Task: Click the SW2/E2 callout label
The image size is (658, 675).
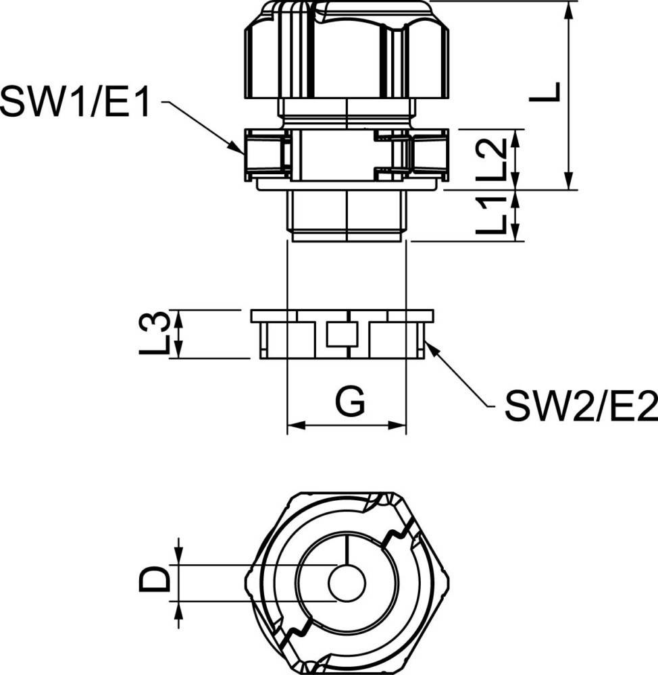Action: (x=581, y=406)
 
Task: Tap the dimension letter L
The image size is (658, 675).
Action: (x=545, y=92)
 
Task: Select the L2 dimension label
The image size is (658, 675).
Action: (x=490, y=159)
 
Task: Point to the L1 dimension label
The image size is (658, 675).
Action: (x=490, y=214)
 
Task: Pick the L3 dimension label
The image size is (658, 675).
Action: (x=154, y=333)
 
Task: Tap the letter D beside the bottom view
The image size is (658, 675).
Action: (x=154, y=579)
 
